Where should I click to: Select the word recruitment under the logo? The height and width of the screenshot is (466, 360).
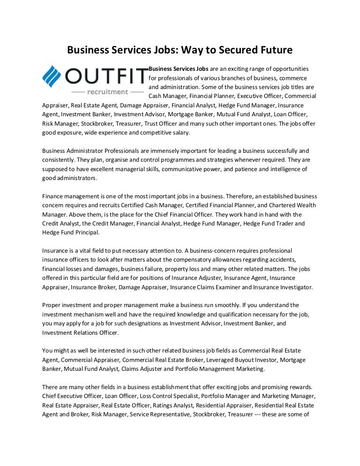click(x=108, y=91)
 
